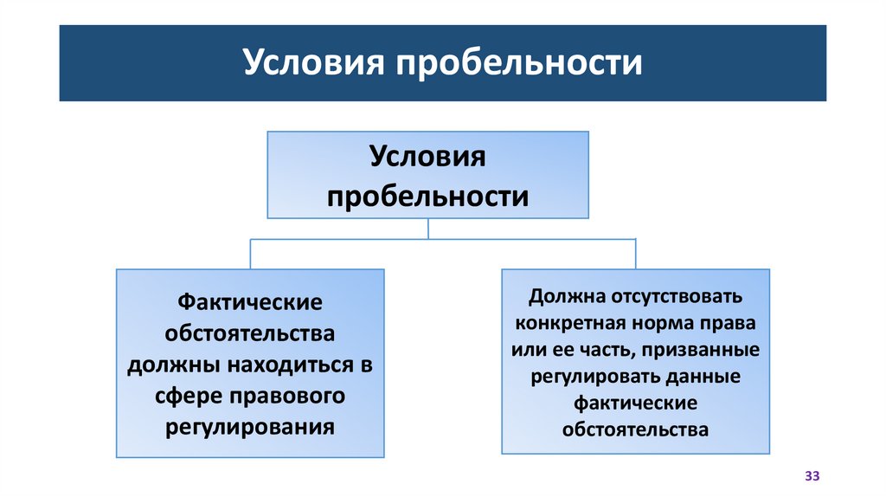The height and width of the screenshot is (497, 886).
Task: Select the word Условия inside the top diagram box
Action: click(427, 158)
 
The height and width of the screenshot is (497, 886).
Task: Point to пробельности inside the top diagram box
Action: click(427, 196)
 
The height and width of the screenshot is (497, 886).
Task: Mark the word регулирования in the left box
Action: click(250, 427)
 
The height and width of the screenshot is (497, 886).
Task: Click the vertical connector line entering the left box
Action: click(250, 253)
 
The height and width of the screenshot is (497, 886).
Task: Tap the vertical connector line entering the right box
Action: click(635, 253)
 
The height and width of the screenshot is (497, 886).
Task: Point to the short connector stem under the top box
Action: click(428, 228)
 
